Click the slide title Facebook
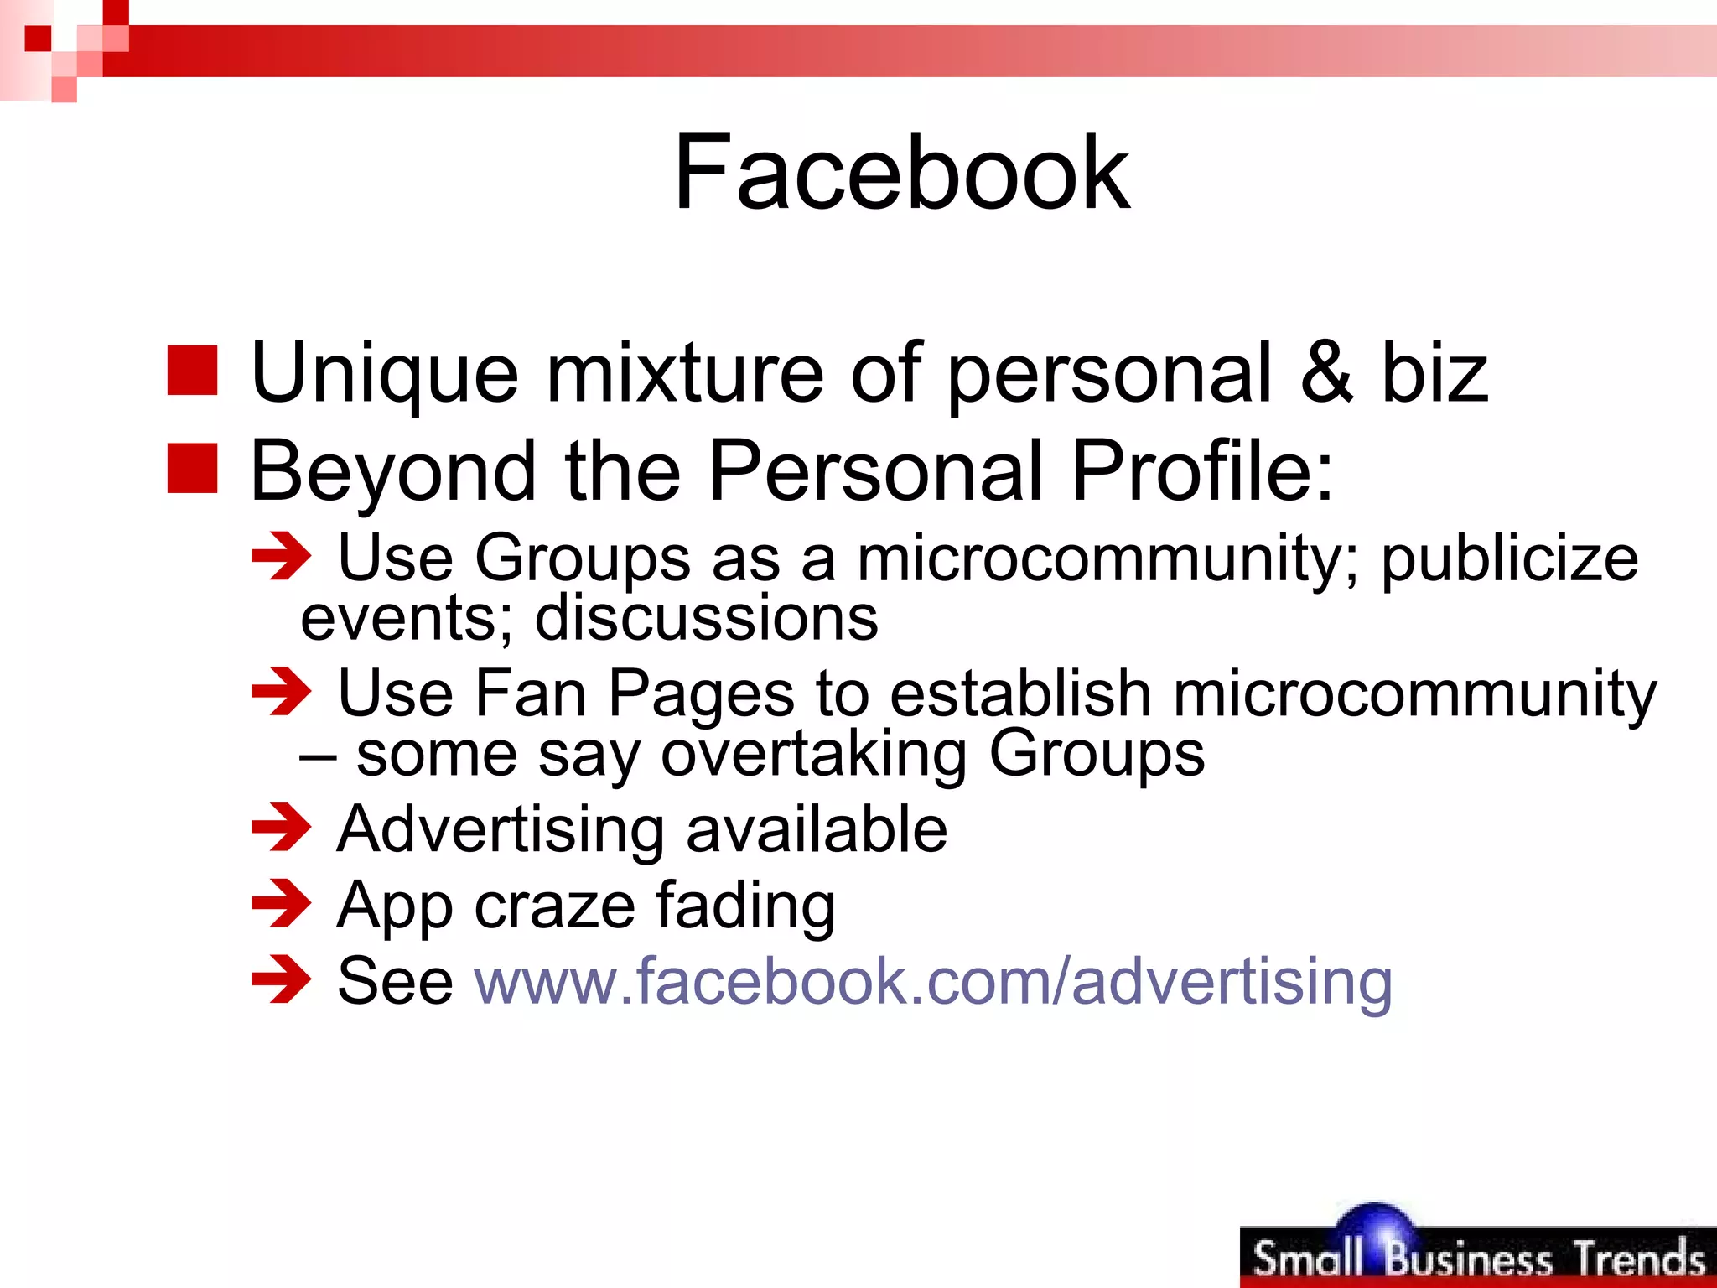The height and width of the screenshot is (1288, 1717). [x=901, y=173]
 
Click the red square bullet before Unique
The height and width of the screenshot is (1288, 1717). [x=192, y=370]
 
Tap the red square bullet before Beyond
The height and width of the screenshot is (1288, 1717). [x=192, y=468]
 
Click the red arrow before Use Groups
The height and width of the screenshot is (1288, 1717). [x=281, y=556]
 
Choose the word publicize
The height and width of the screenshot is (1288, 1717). [x=1509, y=559]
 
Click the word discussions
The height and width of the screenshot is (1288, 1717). [x=707, y=618]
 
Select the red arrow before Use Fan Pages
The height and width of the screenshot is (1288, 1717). [x=281, y=692]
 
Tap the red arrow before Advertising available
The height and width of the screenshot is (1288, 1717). [x=281, y=828]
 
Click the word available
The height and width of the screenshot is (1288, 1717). [x=817, y=829]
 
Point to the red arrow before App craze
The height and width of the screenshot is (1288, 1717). [x=281, y=903]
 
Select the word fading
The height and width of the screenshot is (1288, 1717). [x=745, y=906]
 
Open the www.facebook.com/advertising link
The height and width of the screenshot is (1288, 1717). [x=933, y=980]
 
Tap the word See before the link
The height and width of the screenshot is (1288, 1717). [x=395, y=980]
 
